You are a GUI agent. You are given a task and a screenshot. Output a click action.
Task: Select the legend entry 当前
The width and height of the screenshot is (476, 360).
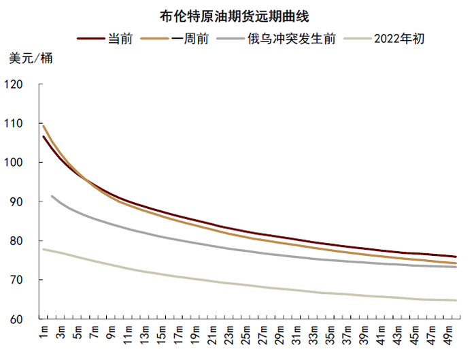click(115, 39)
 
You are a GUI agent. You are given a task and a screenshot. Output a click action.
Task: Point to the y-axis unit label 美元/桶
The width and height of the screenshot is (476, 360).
click(30, 58)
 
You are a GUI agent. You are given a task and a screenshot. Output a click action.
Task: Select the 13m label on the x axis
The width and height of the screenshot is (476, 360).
click(146, 335)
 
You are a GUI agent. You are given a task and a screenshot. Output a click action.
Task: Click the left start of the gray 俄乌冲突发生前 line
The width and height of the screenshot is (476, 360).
click(52, 196)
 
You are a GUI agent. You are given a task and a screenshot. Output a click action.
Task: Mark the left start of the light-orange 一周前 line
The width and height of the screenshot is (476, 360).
click(44, 126)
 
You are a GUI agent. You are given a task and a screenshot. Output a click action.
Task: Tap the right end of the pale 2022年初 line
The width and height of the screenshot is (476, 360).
click(456, 300)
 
